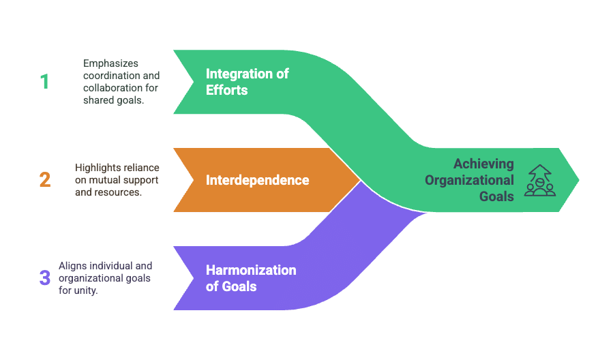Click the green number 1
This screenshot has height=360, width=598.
click(44, 82)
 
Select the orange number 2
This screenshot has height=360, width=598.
click(45, 180)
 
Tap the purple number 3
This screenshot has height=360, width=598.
click(45, 278)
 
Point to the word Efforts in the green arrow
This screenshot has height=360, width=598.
click(226, 89)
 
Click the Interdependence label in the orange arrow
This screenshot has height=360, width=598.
click(257, 180)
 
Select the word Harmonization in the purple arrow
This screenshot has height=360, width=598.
click(251, 270)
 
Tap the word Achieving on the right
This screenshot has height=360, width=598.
click(483, 164)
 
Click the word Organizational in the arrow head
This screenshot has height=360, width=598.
click(469, 180)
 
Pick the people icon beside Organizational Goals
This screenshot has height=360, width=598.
click(539, 180)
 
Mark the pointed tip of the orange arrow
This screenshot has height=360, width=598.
click(359, 180)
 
